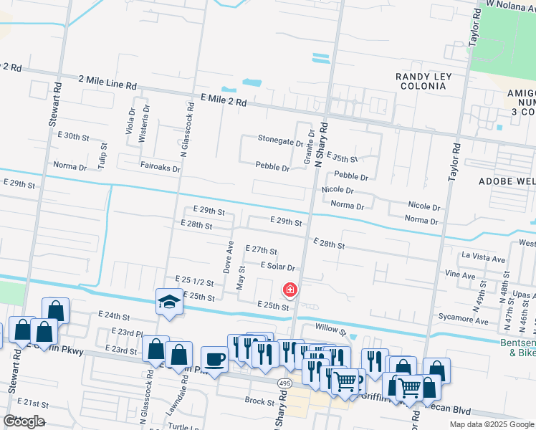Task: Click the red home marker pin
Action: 290,290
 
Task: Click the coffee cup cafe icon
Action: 214,358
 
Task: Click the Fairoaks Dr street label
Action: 160,167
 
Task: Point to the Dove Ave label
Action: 230,256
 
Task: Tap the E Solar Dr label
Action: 278,265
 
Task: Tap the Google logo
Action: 24,421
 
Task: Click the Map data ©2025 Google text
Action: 492,424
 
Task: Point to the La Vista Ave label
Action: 484,256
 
